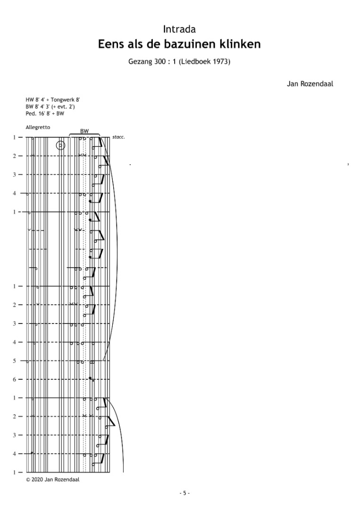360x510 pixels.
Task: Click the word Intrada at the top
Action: [x=179, y=29]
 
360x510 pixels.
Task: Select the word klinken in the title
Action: [x=241, y=44]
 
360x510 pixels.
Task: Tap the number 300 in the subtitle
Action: [x=160, y=61]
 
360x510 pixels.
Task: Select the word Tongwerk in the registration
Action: [x=63, y=100]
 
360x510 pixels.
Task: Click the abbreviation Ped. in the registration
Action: [x=30, y=113]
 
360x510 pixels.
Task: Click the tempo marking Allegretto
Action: [x=38, y=127]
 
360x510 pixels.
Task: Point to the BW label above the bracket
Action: [x=84, y=131]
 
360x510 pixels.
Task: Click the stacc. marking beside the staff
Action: [x=118, y=137]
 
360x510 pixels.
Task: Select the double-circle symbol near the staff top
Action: [x=60, y=145]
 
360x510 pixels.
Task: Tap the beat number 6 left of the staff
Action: [x=14, y=379]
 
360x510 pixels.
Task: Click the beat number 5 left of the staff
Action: [x=14, y=361]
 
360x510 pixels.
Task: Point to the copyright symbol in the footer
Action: [x=28, y=479]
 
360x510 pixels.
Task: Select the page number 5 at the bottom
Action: [x=184, y=493]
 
